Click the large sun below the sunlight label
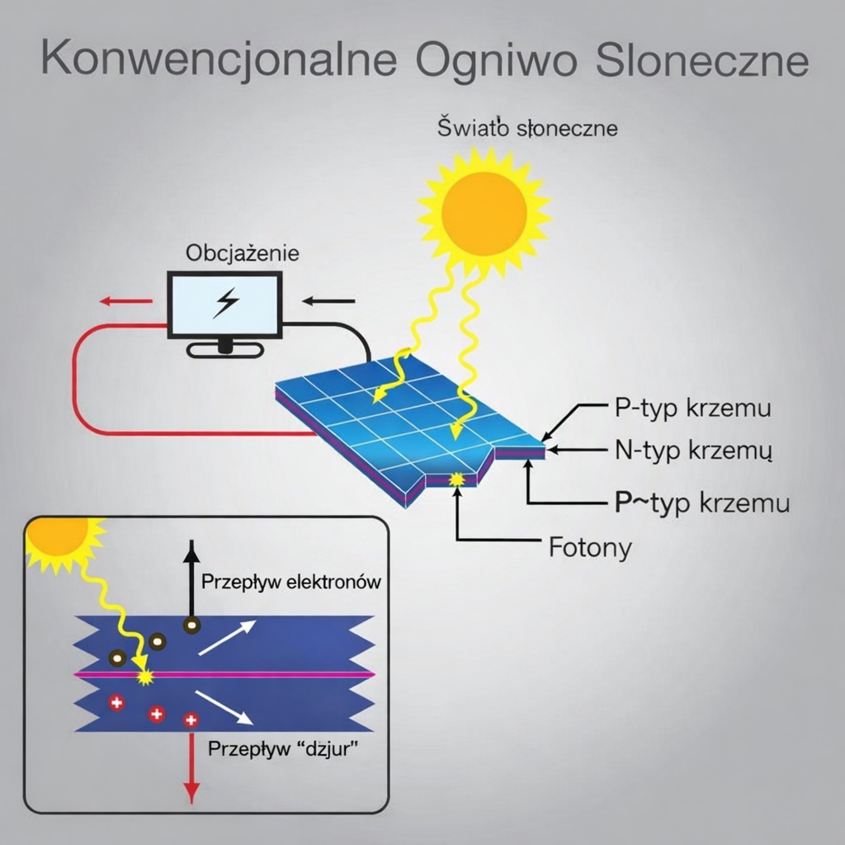pos(484,212)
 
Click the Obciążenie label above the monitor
pos(243,253)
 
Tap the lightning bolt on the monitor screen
pos(224,303)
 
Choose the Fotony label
pos(590,547)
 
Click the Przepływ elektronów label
pos(291,582)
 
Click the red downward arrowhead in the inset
pos(191,794)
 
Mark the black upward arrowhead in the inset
pos(191,549)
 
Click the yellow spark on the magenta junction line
pos(146,677)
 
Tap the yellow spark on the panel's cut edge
pos(455,479)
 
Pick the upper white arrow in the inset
pos(226,638)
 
